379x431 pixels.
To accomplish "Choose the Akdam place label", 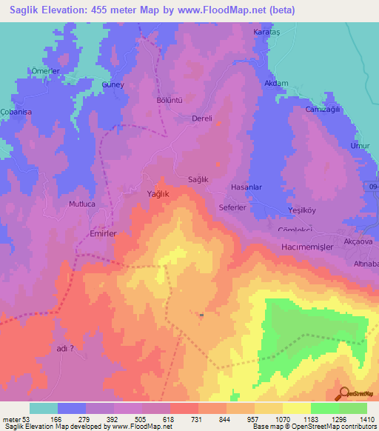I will tap(275, 84).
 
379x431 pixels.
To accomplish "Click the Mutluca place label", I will tap(82, 203).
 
